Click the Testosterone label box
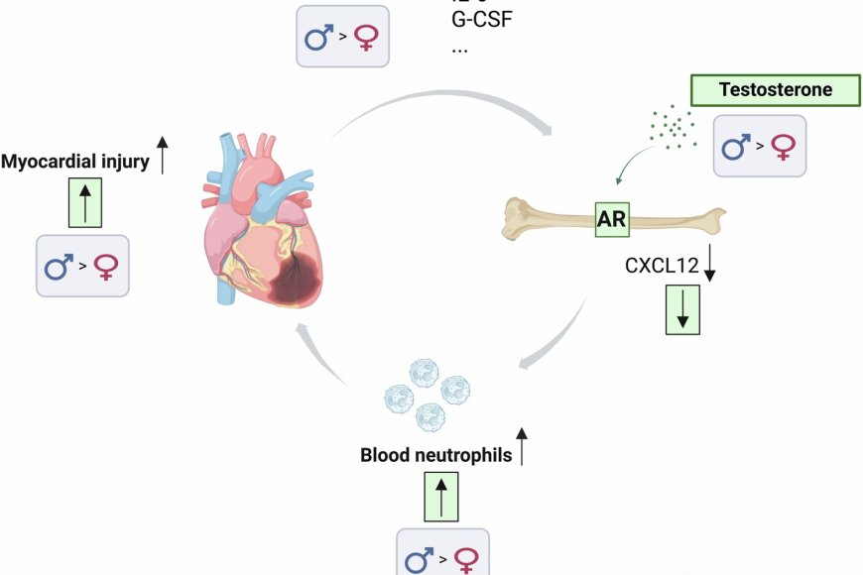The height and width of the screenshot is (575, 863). click(775, 90)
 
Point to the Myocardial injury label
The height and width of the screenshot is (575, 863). click(80, 163)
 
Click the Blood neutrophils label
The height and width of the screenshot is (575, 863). click(436, 456)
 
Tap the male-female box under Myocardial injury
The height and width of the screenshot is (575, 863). click(82, 266)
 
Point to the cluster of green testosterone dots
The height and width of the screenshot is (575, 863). click(672, 127)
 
